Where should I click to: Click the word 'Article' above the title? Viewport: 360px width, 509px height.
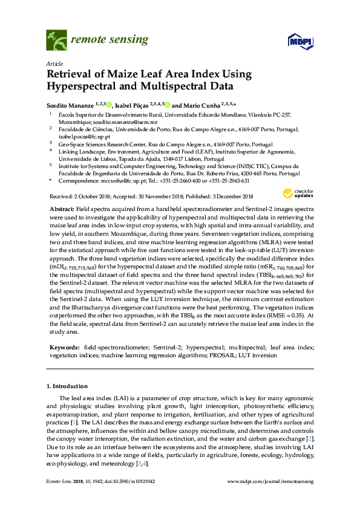[x=54, y=63]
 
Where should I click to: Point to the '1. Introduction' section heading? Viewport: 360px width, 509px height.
[x=67, y=385]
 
